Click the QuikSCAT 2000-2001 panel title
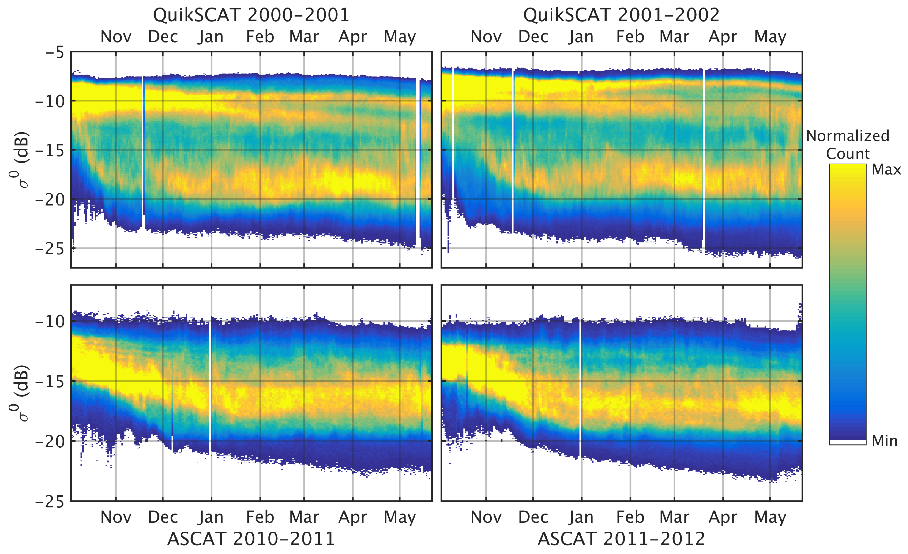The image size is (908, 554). (x=251, y=15)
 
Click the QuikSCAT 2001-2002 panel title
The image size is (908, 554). (x=621, y=15)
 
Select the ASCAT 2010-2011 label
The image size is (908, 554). (x=251, y=539)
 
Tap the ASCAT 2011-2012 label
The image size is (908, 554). (x=621, y=539)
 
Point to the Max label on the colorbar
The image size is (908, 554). (x=886, y=170)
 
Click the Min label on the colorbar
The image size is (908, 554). (x=884, y=440)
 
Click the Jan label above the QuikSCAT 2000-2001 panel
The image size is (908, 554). (x=211, y=37)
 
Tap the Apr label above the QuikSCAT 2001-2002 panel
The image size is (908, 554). (x=723, y=37)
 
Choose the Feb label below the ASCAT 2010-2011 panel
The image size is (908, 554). (x=260, y=517)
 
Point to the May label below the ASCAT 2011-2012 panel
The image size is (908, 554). (x=770, y=517)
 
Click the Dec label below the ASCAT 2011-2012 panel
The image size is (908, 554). (x=533, y=517)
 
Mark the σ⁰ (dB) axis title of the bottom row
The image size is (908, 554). (x=19, y=393)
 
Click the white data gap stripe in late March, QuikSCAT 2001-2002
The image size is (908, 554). (x=703, y=158)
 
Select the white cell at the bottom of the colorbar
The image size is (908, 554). (x=848, y=442)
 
